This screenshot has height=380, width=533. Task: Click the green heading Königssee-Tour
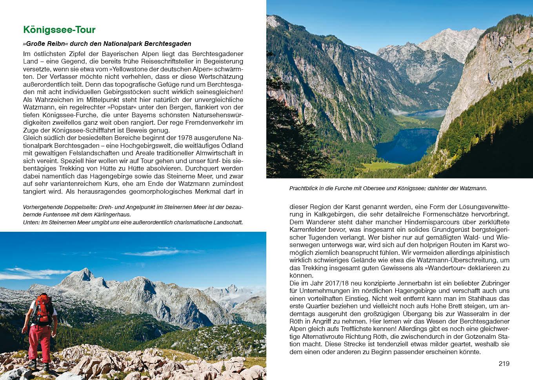(59, 30)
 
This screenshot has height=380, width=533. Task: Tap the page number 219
(504, 364)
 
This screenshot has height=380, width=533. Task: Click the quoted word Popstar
(121, 107)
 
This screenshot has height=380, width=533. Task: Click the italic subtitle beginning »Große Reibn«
(107, 44)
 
